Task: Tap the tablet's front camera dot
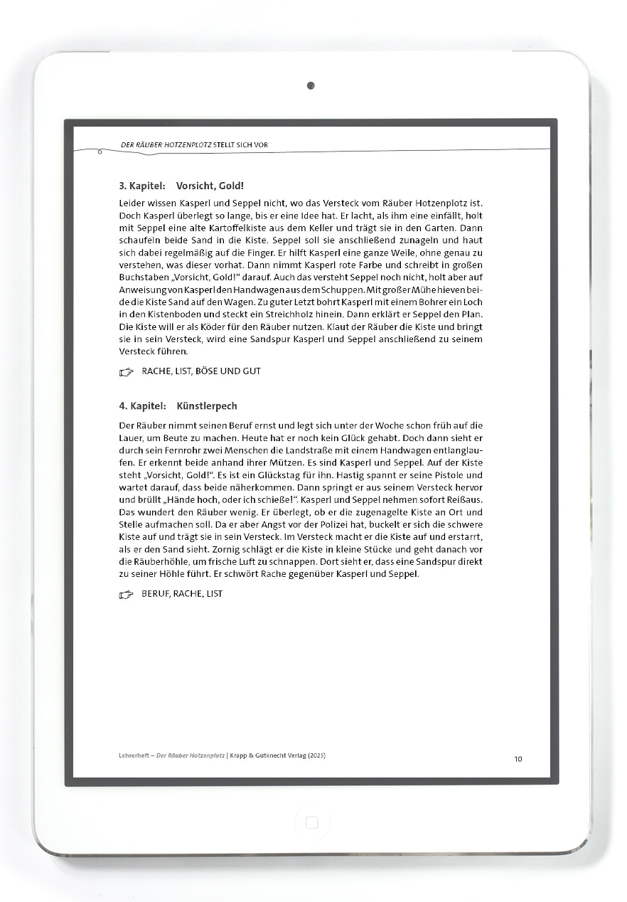[311, 86]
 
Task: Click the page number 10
[518, 759]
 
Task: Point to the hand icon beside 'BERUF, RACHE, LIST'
[127, 594]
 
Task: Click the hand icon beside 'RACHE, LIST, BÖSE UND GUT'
[127, 371]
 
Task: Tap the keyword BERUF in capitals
[155, 594]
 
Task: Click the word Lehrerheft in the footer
[134, 755]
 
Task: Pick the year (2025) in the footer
[314, 755]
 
